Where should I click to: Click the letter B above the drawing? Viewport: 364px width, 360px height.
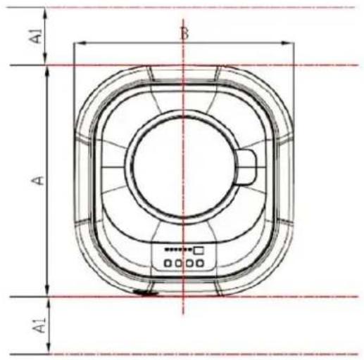(x=184, y=33)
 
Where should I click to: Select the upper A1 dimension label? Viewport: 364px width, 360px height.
(x=37, y=36)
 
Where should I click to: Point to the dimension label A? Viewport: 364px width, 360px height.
(x=38, y=181)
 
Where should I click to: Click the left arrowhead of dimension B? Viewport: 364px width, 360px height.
(x=81, y=43)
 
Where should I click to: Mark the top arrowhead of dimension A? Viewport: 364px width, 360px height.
(x=47, y=71)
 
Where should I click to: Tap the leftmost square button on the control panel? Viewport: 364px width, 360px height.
(x=168, y=264)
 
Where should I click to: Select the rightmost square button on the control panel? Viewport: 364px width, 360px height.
(x=200, y=264)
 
